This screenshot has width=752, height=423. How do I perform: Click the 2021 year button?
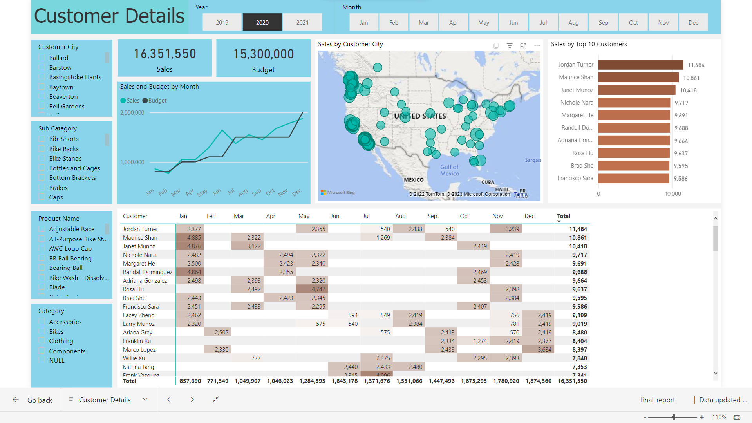point(302,22)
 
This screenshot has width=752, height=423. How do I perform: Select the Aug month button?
point(573,22)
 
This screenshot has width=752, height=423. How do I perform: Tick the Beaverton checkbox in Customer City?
point(42,96)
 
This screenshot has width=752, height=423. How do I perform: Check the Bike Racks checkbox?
point(42,149)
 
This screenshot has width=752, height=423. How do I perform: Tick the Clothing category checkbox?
point(42,341)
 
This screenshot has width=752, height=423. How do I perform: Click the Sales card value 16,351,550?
point(165,54)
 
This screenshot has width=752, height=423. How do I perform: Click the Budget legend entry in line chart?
point(155,101)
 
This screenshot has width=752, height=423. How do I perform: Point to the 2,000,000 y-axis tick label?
point(132,113)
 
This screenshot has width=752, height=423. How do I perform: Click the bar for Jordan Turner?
point(640,65)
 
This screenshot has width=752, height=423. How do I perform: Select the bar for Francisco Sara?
point(633,178)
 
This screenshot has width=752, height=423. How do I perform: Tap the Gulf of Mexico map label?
point(449,170)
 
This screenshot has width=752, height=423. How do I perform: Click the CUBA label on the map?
point(488,182)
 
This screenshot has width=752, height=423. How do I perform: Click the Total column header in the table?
point(563,216)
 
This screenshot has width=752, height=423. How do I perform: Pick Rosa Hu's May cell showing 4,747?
point(312,289)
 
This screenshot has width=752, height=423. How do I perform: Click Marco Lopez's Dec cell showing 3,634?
point(538,350)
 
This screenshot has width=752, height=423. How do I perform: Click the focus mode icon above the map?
point(523,46)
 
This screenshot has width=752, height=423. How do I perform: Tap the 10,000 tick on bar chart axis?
point(672,194)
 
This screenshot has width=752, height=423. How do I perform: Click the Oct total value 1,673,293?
point(474,381)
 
